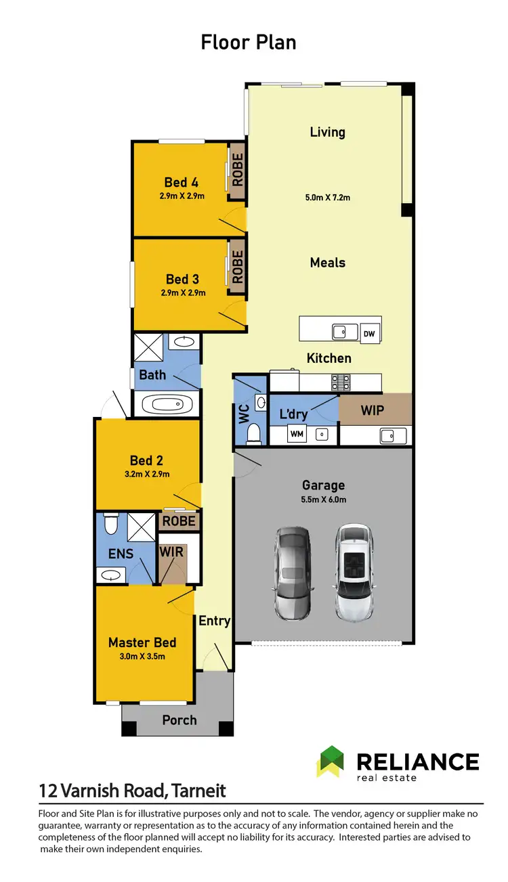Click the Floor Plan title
[249, 42]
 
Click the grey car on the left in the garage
[293, 574]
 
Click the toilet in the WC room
[253, 432]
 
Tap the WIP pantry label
[372, 411]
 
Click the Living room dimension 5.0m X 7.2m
[327, 198]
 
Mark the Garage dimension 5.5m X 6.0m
[323, 500]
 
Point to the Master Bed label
[142, 642]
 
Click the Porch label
[179, 720]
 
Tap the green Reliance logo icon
[331, 762]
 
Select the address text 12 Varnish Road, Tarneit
[132, 790]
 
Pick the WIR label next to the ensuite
[171, 552]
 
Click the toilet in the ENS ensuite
[112, 525]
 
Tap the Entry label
[215, 621]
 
